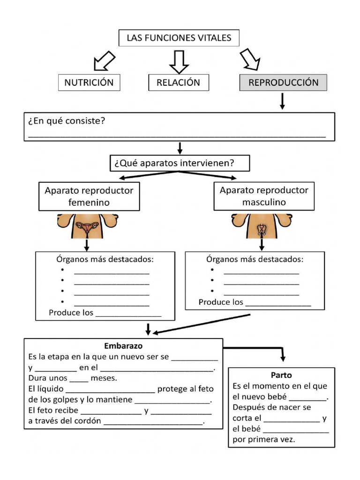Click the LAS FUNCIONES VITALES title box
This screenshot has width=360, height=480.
click(179, 38)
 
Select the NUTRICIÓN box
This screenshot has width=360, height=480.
click(89, 82)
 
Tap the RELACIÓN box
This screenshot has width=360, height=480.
click(178, 82)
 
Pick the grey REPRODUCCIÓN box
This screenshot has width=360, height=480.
click(283, 82)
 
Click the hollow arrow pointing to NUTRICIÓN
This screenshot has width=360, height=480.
click(104, 60)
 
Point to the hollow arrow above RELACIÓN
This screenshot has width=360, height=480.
click(179, 61)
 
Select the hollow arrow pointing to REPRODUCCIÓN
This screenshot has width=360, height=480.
click(250, 60)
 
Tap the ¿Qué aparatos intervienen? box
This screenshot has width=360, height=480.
click(179, 163)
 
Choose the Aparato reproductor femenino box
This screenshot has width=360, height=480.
click(89, 196)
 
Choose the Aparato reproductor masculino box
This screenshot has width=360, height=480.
click(264, 196)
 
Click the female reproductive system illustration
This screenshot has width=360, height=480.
click(88, 226)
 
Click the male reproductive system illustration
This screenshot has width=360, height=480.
click(261, 226)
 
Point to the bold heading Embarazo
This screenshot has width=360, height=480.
click(123, 346)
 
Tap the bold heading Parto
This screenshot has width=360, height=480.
click(281, 375)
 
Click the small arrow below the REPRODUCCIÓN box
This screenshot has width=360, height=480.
click(282, 101)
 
